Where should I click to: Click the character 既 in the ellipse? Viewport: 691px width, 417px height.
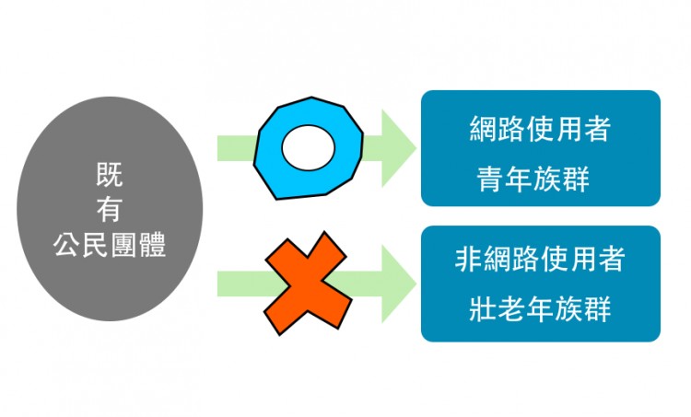(x=110, y=171)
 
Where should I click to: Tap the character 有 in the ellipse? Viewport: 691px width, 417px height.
(x=110, y=209)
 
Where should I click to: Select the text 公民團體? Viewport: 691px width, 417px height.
(x=110, y=246)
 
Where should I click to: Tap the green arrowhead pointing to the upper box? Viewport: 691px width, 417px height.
(x=395, y=147)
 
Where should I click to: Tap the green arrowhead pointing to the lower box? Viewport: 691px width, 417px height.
(x=395, y=284)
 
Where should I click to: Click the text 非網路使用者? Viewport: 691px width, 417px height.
(x=540, y=261)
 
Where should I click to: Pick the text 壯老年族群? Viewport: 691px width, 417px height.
(x=540, y=308)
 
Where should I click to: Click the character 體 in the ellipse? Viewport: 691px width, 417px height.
(x=152, y=246)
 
